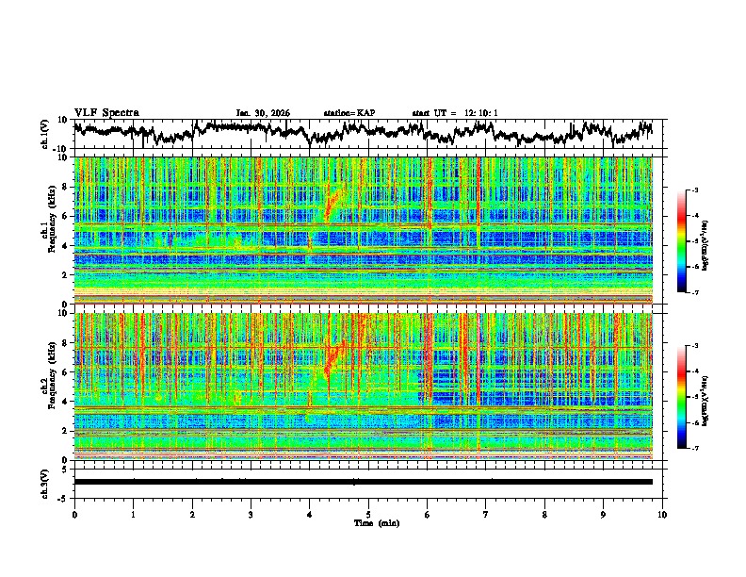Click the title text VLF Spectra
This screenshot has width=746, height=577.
(106, 113)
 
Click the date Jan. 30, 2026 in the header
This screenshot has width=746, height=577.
(263, 113)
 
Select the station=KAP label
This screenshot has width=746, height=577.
(349, 113)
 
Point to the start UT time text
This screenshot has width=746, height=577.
(455, 113)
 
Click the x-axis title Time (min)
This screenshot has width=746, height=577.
(368, 522)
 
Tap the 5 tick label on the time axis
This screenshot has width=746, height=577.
(368, 514)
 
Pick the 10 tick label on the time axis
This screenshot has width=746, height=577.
(662, 514)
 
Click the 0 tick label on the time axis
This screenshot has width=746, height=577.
(74, 514)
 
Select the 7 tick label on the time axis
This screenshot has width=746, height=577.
(486, 514)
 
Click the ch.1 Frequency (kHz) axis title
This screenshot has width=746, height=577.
(48, 224)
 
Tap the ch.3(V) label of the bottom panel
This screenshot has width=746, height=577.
(46, 482)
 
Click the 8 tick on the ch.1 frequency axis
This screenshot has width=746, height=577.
(66, 187)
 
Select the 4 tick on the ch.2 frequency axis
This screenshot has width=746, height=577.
(66, 402)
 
